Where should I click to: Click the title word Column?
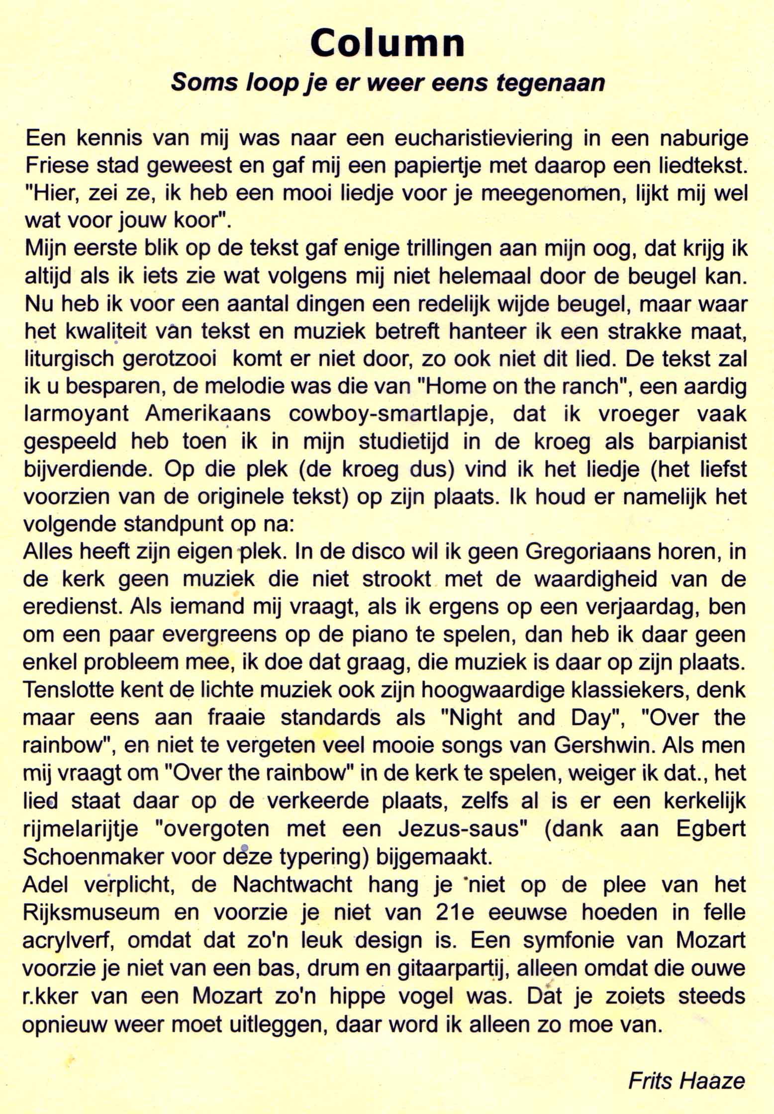[x=387, y=43]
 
